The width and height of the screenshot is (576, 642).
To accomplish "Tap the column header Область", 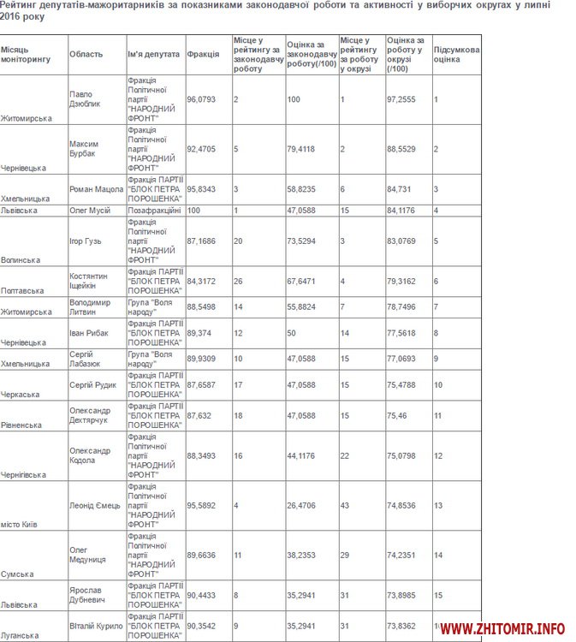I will [x=86, y=54].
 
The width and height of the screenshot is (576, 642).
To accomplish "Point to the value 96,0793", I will [x=201, y=99].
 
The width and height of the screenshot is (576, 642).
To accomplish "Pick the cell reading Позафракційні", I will [x=154, y=210].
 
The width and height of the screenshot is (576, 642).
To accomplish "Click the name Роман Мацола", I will [x=96, y=189].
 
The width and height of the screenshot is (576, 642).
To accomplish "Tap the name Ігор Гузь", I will [x=85, y=241].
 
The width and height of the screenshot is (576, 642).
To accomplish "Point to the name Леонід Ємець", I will [x=95, y=505].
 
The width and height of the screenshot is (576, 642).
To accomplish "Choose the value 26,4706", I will [x=304, y=505].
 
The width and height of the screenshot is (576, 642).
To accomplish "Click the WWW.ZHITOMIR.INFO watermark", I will [x=503, y=629].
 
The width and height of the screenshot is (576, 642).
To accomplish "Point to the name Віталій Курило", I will [x=95, y=626].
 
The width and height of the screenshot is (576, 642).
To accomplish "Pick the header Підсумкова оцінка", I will [x=456, y=54].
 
